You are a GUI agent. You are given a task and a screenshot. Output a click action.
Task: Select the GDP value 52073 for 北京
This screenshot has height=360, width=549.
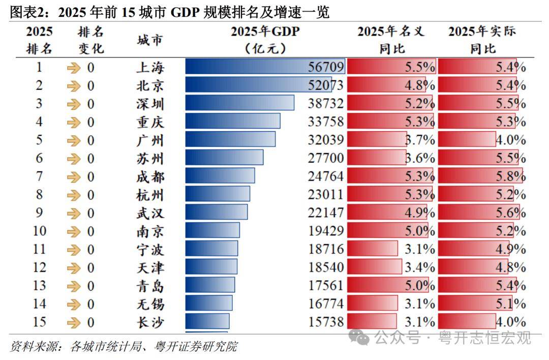tap(326, 85)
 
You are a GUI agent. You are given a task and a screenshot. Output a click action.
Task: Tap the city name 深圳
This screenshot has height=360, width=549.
tap(150, 104)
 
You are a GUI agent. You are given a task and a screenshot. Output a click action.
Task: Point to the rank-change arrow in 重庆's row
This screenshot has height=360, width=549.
tap(74, 122)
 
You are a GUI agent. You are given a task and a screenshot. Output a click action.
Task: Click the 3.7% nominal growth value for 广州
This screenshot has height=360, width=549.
tap(420, 140)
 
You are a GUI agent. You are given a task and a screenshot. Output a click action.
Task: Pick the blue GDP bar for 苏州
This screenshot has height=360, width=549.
tap(224, 158)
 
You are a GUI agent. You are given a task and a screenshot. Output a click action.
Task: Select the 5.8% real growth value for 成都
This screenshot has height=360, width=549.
tap(510, 176)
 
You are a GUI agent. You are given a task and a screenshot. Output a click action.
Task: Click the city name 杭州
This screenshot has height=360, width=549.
tap(150, 195)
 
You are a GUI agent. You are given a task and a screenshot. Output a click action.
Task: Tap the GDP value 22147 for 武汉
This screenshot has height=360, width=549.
tap(326, 213)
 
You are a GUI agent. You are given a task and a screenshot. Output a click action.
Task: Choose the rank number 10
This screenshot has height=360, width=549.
tap(39, 231)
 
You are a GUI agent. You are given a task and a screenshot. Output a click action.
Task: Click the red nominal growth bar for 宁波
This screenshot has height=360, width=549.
tap(372, 249)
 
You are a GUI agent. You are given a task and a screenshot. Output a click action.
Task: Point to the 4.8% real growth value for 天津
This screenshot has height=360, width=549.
tap(510, 267)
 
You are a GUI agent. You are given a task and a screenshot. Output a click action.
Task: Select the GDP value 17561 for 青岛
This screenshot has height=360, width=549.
tap(326, 286)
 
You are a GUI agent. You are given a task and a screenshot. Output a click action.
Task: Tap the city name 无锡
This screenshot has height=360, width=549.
tap(150, 304)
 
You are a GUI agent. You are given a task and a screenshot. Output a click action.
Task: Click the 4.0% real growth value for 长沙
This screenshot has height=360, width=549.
tap(510, 322)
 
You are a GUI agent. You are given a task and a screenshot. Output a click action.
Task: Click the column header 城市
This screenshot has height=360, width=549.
tap(150, 40)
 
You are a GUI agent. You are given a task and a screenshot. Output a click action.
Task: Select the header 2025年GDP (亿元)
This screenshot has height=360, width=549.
tap(265, 40)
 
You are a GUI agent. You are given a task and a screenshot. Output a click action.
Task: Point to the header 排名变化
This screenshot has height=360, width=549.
tap(90, 40)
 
